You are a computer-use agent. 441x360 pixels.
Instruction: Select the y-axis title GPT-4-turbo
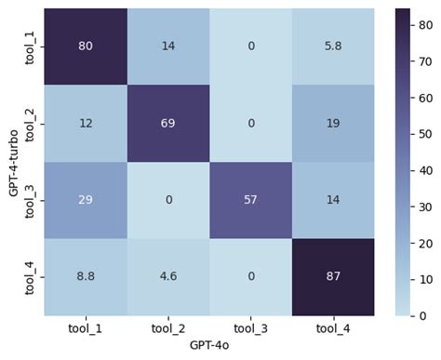coord(12,162)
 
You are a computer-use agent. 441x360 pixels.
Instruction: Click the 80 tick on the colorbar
coord(425,25)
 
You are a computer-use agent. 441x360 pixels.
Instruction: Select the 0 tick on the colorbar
coord(421,315)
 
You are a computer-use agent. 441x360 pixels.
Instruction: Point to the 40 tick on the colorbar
coord(425,170)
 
